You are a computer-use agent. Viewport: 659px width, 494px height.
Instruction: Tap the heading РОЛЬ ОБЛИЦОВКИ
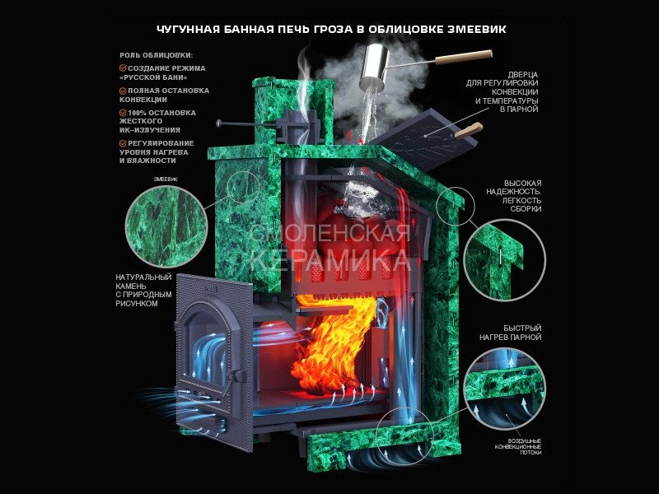click(156, 55)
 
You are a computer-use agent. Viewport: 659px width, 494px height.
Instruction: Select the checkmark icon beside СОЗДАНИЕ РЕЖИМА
click(123, 68)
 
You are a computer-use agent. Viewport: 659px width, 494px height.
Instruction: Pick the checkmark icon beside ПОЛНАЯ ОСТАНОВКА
click(123, 91)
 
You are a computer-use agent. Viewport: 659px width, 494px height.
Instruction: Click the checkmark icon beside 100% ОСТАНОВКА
click(123, 113)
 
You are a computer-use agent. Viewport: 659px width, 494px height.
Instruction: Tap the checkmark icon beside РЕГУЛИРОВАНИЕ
click(123, 143)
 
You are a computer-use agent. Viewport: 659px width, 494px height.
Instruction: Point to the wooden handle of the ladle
click(464, 57)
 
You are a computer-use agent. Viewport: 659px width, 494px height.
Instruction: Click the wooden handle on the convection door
click(467, 130)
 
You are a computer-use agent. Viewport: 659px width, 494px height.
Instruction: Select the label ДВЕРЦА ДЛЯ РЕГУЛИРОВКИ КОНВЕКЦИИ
click(502, 92)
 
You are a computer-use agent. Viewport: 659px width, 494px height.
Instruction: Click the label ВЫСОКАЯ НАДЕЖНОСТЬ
click(513, 196)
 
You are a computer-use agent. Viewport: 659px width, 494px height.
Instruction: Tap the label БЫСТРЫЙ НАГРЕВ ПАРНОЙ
click(510, 333)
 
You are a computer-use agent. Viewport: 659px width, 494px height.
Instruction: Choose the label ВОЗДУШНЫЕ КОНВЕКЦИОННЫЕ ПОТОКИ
click(518, 446)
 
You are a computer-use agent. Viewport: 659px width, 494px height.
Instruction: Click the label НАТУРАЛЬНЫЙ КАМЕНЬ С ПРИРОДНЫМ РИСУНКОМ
click(143, 291)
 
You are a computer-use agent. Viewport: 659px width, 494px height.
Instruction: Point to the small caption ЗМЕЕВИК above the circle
click(166, 179)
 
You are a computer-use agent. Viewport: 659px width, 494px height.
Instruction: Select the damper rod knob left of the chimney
click(219, 123)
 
